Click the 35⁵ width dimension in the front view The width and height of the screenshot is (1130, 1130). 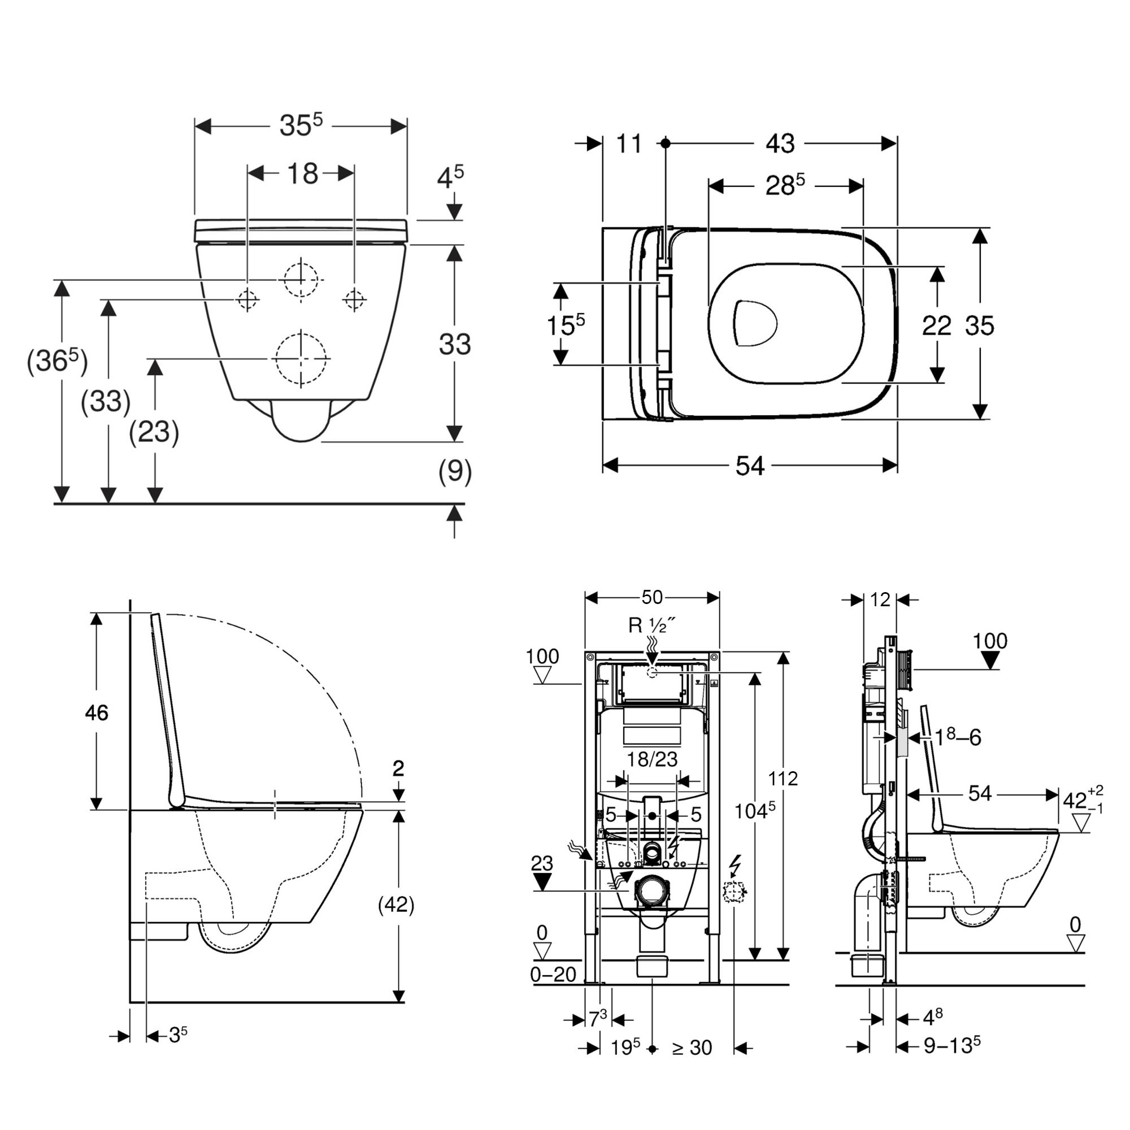(x=301, y=125)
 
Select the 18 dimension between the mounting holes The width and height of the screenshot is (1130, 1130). (x=302, y=173)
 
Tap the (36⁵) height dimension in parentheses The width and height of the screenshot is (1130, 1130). (x=56, y=361)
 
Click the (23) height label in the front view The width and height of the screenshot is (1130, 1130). (x=154, y=432)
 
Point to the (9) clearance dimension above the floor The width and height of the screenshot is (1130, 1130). (x=454, y=471)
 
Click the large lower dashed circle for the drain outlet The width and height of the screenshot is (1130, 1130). (x=301, y=359)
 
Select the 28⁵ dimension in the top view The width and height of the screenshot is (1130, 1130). (x=784, y=186)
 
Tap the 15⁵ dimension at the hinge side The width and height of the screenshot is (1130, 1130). (x=565, y=325)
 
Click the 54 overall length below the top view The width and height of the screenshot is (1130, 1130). (x=749, y=466)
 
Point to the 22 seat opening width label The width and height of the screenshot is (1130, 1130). (x=936, y=325)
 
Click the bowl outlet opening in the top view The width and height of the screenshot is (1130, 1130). (x=754, y=323)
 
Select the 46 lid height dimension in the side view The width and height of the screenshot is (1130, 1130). (x=97, y=712)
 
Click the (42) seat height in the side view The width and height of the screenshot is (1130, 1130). (x=396, y=905)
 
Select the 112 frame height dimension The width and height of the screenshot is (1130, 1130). (x=783, y=779)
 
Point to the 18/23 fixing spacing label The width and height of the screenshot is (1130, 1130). (x=651, y=759)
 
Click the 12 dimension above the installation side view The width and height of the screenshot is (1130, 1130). (x=880, y=599)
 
